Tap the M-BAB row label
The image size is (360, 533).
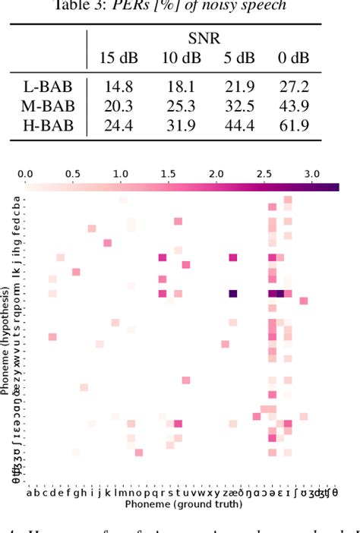pos(47,106)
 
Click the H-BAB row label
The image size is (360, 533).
pos(47,125)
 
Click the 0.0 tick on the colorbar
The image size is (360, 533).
pos(26,174)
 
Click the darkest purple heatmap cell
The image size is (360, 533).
pos(233,293)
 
